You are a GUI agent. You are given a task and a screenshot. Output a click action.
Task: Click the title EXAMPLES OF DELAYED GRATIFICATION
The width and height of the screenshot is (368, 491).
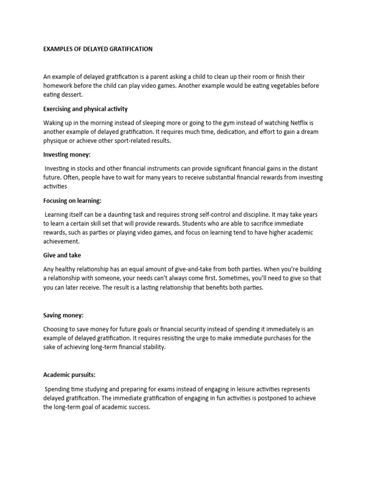[x=98, y=49]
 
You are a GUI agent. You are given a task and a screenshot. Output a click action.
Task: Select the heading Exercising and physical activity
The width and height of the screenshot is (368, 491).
[x=85, y=109]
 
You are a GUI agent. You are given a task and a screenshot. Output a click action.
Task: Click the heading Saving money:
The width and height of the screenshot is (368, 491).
[x=63, y=315]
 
